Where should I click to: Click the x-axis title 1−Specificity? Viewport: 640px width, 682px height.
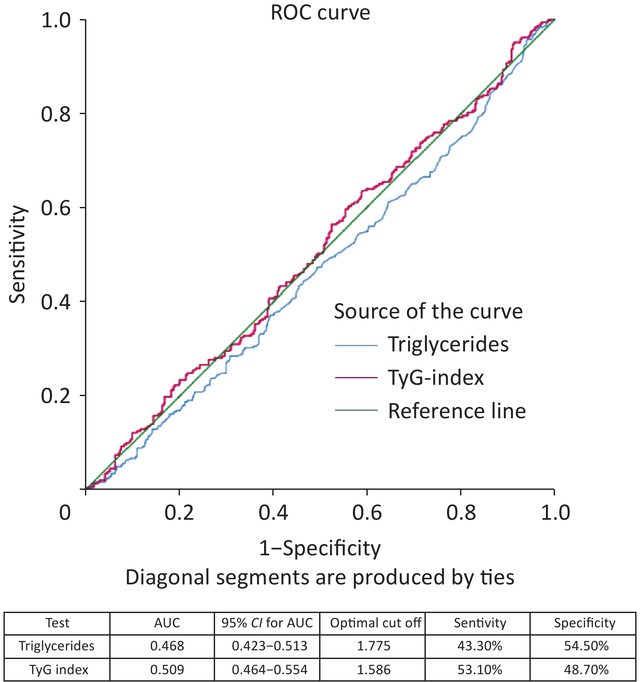[320, 548]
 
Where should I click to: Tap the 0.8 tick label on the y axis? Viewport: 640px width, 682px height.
[56, 114]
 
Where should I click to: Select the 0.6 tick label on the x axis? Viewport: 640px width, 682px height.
[367, 513]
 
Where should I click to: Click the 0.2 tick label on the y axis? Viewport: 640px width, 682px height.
[56, 396]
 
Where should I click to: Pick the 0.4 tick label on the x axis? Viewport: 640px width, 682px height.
[273, 513]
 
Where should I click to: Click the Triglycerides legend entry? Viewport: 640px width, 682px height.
[448, 344]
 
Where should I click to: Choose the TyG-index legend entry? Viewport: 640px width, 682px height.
[435, 377]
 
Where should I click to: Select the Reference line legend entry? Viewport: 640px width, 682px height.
[457, 411]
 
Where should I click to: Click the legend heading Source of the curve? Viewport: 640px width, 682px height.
[428, 311]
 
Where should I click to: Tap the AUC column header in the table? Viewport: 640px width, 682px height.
[167, 623]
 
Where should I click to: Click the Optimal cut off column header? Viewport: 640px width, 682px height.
[376, 623]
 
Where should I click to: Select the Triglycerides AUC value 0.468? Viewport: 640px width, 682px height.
[167, 646]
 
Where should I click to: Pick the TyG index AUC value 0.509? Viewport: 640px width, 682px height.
[167, 669]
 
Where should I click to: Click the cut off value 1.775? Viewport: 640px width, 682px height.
[374, 646]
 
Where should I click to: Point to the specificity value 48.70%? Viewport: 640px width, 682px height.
[586, 669]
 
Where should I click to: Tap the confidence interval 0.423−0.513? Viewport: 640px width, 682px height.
[270, 646]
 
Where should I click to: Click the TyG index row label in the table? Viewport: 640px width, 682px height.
[59, 669]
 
